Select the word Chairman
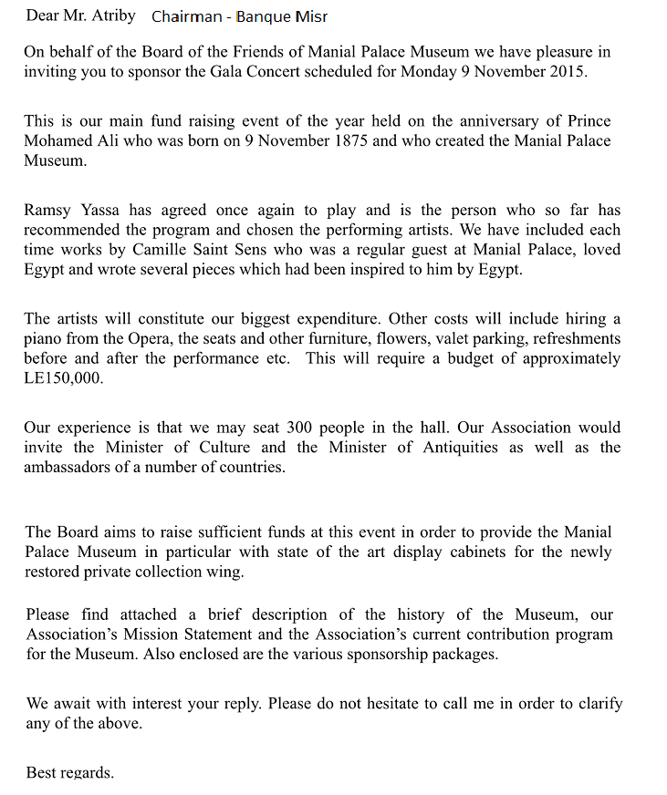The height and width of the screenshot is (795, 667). click(185, 16)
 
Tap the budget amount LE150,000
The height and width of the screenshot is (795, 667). click(64, 378)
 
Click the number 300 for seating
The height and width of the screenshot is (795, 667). click(302, 427)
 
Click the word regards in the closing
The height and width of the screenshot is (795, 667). click(86, 772)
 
